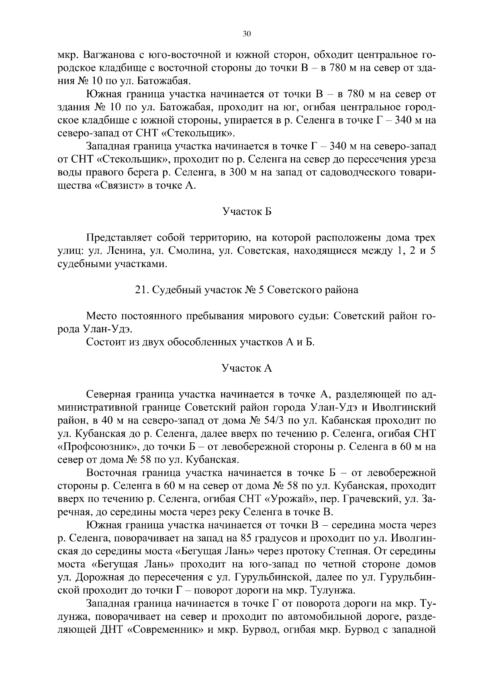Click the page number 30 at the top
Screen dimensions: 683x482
coord(247,35)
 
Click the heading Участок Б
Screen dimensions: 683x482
coord(247,211)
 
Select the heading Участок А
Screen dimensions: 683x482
coord(247,368)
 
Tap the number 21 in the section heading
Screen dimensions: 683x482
coord(141,290)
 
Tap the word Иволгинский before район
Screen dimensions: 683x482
coord(404,407)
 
